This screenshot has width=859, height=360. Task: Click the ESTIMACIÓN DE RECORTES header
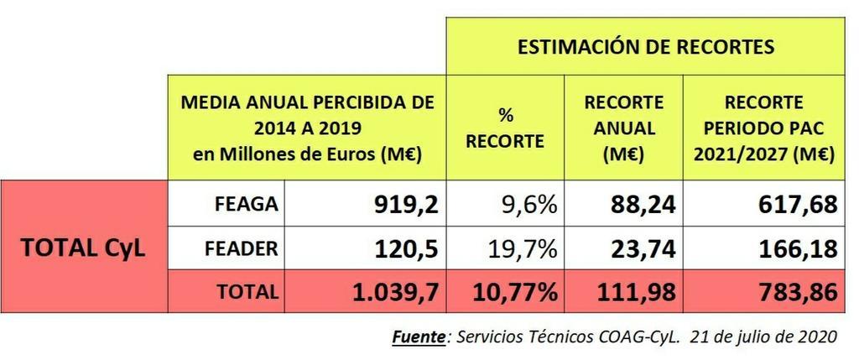pos(645,47)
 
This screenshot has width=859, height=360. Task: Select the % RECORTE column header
pos(505,128)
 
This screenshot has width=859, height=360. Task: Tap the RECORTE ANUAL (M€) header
pos(623,128)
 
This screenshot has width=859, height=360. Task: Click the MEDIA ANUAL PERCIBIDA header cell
pos(307,128)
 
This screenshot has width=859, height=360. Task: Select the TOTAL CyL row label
pos(83,248)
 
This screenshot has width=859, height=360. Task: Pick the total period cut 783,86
pos(789,292)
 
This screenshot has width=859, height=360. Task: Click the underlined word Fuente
pos(419,337)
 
